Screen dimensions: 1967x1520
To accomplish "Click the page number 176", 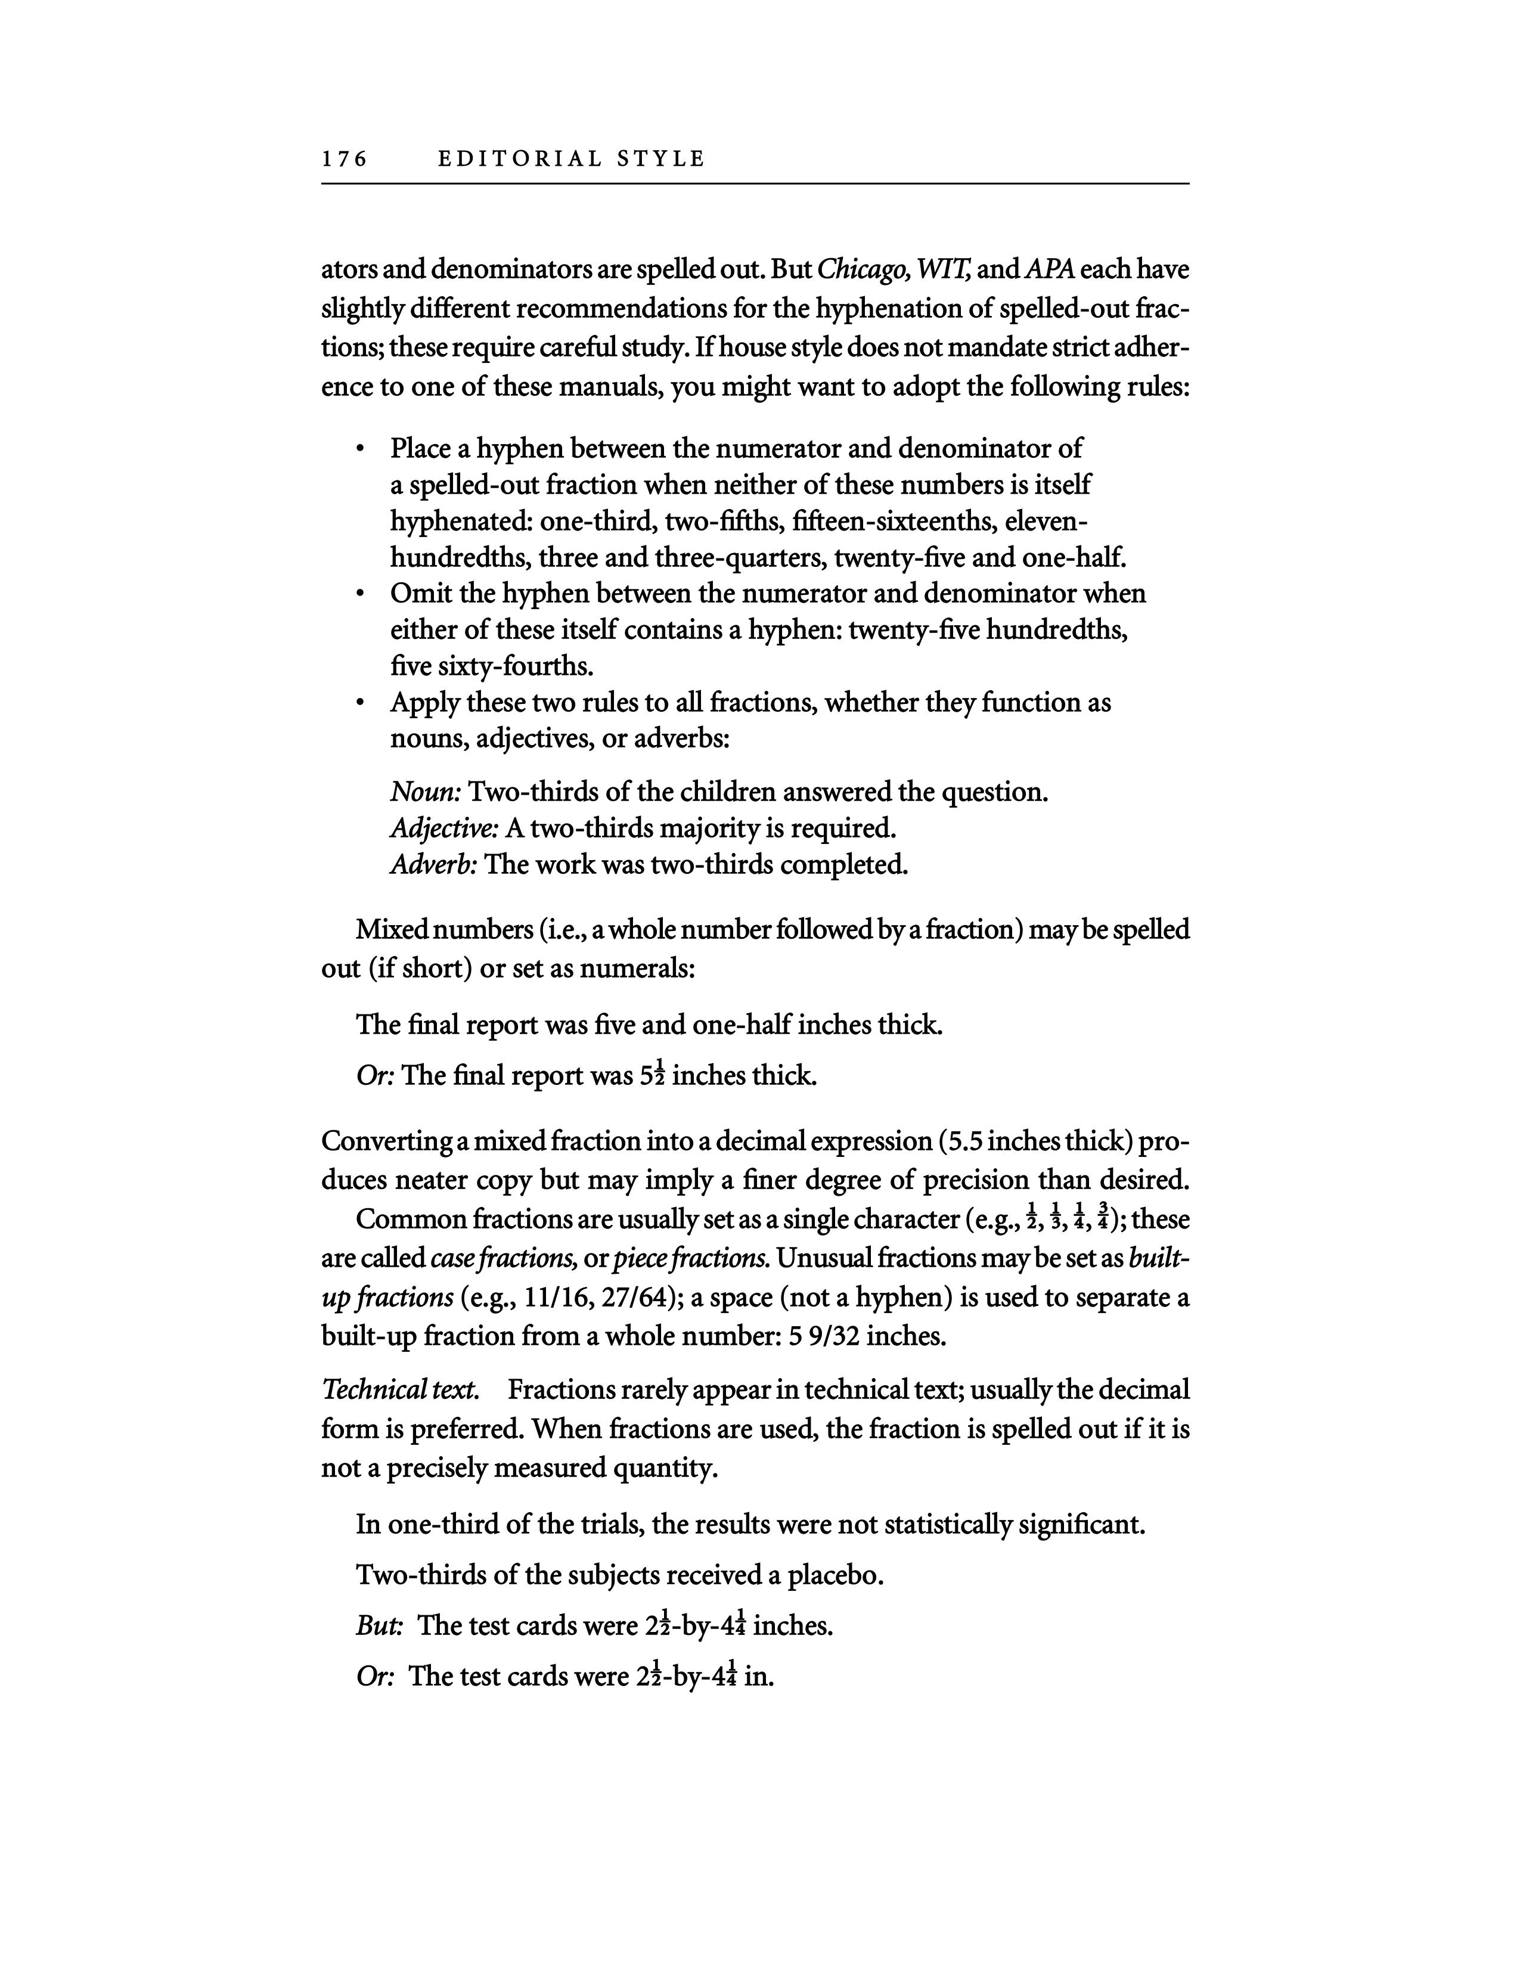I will [345, 159].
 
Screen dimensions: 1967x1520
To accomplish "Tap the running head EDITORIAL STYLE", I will [571, 159].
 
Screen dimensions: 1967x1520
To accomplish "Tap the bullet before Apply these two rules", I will [359, 703].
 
